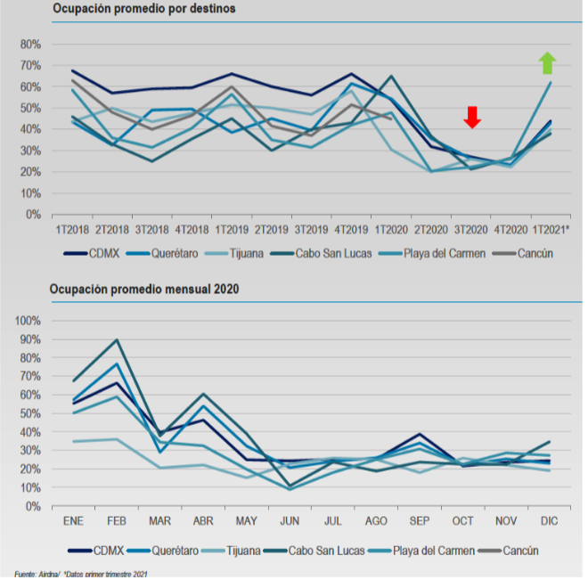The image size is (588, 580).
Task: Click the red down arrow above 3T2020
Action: [x=472, y=117]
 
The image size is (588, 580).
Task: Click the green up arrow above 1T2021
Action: [x=547, y=62]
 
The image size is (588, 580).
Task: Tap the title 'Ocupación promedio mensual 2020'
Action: [x=144, y=290]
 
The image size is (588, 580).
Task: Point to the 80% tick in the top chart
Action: [x=29, y=44]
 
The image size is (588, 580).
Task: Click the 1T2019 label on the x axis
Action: [x=231, y=230]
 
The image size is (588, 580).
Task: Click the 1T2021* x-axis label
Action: [x=551, y=230]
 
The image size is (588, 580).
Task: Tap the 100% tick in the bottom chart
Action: [x=27, y=321]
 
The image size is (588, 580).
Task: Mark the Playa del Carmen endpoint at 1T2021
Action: [x=551, y=83]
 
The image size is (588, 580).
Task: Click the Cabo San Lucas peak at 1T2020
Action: [x=392, y=77]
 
